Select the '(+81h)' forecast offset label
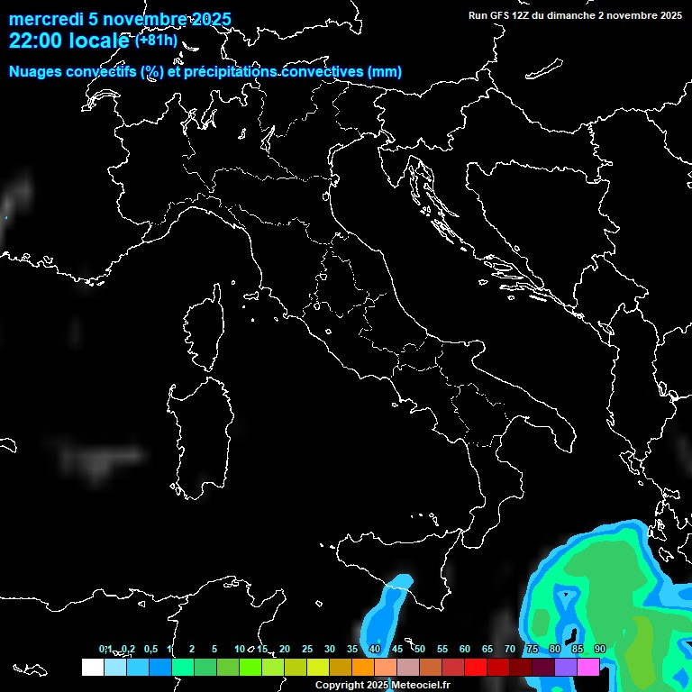click(x=156, y=40)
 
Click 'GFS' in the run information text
click(x=499, y=15)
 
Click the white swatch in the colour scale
click(x=92, y=668)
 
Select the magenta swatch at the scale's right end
click(x=588, y=668)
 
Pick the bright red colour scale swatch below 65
click(x=476, y=668)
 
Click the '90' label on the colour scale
click(x=600, y=649)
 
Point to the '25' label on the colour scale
click(x=306, y=649)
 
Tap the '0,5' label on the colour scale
click(x=150, y=649)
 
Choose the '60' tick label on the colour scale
click(x=465, y=649)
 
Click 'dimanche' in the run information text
click(x=569, y=15)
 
